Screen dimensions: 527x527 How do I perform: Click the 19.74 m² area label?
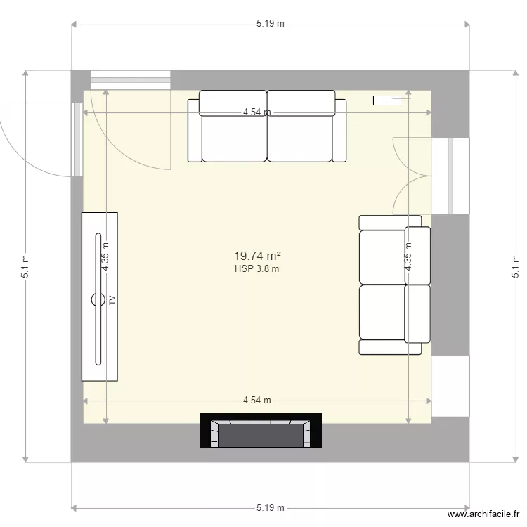click(x=256, y=257)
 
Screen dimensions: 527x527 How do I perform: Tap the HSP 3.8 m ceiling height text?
click(x=256, y=268)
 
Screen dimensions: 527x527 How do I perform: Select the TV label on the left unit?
click(x=112, y=300)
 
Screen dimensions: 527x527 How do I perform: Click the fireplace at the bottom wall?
click(x=261, y=431)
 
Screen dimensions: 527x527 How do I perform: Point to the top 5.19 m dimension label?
click(x=270, y=23)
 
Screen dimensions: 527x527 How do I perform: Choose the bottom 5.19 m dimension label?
click(x=270, y=507)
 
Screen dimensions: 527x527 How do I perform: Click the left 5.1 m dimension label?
click(x=25, y=266)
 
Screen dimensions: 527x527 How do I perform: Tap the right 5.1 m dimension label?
click(x=516, y=266)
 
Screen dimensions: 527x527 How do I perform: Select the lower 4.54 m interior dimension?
click(x=257, y=401)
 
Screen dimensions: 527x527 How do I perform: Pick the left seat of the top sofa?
click(x=234, y=134)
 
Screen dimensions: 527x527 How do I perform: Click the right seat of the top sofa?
click(x=300, y=134)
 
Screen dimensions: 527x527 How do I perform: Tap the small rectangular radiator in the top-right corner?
click(x=386, y=100)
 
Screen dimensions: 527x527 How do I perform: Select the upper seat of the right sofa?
click(x=383, y=256)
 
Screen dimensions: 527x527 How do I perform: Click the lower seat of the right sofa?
click(x=383, y=313)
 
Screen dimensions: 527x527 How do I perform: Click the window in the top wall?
click(x=131, y=79)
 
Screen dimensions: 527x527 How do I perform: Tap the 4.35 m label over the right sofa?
click(x=408, y=256)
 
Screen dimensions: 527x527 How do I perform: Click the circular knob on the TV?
click(x=96, y=300)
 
